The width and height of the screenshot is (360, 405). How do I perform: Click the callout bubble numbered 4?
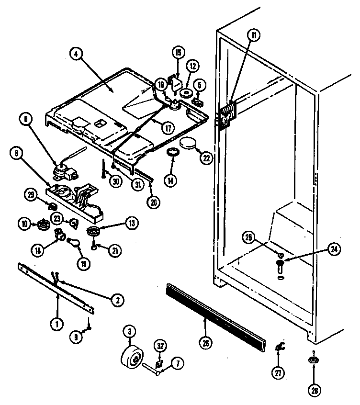click(x=76, y=54)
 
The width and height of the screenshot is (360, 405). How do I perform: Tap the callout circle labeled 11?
click(x=252, y=34)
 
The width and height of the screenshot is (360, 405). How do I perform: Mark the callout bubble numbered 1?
click(x=56, y=324)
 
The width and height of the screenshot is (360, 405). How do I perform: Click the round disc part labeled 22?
click(x=188, y=143)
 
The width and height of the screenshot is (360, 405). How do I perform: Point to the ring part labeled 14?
click(x=172, y=152)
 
